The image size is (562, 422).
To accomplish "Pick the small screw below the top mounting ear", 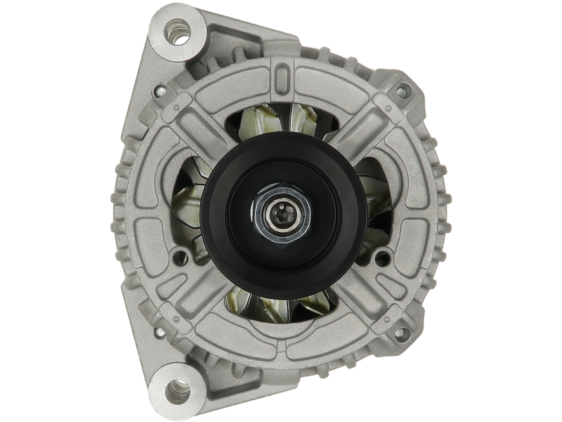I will (x=162, y=91).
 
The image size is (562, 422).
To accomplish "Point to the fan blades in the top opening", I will (x=281, y=127).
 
